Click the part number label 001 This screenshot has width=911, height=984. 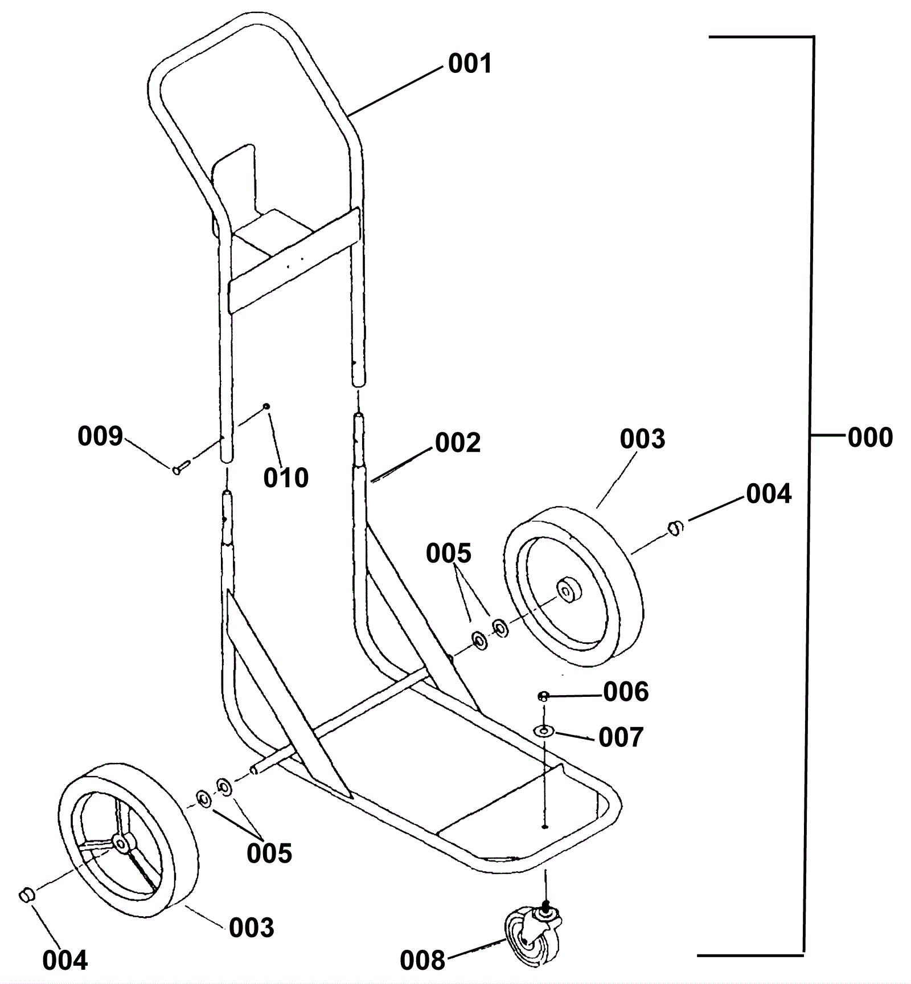tap(470, 64)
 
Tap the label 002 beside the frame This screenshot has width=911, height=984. tap(458, 443)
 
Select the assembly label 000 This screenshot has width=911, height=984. tap(870, 438)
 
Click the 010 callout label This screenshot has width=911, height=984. tap(286, 477)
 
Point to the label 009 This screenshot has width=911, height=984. tap(100, 436)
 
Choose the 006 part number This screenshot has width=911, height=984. tap(626, 692)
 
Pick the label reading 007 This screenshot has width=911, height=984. tap(621, 737)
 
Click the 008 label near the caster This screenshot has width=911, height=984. tap(422, 961)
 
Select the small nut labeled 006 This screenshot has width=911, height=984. tap(543, 696)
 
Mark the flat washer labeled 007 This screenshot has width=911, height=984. tap(544, 730)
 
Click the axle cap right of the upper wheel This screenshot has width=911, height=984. tap(675, 528)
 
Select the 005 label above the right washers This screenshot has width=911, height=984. tap(449, 553)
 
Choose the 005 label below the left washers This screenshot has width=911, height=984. tap(269, 853)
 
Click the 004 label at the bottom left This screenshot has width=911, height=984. tap(65, 961)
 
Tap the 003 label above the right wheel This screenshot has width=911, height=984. tap(642, 439)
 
